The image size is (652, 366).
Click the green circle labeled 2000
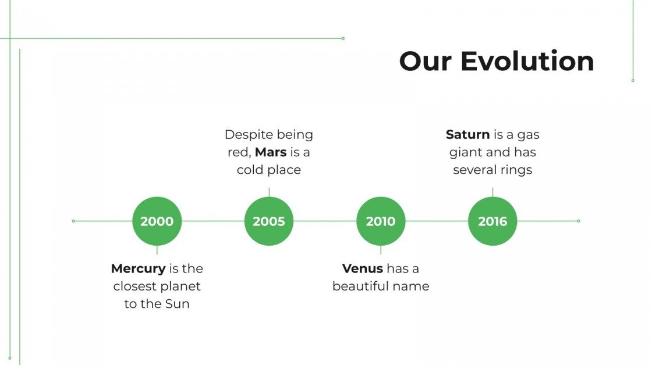(157, 221)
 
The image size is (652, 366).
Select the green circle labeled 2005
(269, 221)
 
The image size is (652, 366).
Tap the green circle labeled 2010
(381, 221)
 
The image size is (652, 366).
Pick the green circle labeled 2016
(492, 221)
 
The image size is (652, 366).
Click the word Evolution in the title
(527, 62)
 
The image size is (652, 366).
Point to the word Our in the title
(426, 62)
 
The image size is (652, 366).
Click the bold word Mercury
(138, 269)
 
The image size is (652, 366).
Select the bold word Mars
(271, 153)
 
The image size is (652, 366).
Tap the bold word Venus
(362, 269)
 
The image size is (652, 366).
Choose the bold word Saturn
(467, 135)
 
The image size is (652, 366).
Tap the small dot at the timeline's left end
(73, 221)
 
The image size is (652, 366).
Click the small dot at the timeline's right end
(578, 221)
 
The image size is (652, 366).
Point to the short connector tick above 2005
(269, 192)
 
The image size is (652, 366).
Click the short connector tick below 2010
(381, 250)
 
